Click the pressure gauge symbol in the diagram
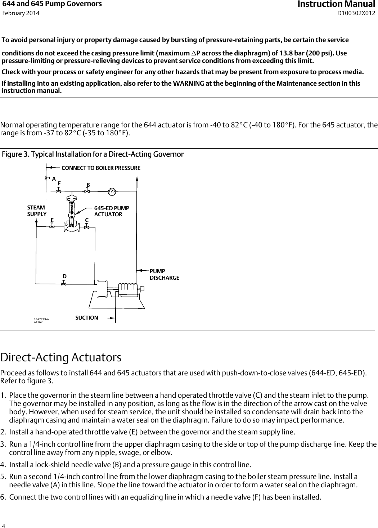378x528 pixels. point(112,191)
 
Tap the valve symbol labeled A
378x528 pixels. point(46,178)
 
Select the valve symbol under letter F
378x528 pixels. point(59,191)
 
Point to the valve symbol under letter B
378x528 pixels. point(87,191)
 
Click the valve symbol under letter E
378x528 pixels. point(52,227)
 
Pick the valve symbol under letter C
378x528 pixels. point(87,227)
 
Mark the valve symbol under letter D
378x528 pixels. point(64,284)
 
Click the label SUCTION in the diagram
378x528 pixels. point(86,317)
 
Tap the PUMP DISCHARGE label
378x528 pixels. point(164,274)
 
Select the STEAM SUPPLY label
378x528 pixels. point(37,211)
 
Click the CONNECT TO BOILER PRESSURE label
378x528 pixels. point(101,168)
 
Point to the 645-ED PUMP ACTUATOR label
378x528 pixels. point(111,211)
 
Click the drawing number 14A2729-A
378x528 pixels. point(41,319)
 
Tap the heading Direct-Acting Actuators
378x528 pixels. point(61,358)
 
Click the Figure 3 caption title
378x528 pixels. point(93,154)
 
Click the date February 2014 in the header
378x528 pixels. point(21,13)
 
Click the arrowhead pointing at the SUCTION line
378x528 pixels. point(112,318)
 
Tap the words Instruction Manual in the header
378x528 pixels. point(336,4)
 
